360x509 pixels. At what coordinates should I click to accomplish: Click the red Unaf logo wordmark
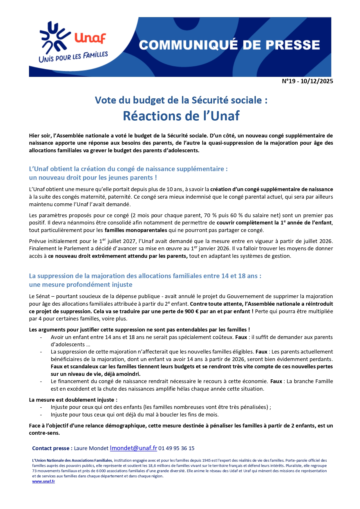tap(90, 38)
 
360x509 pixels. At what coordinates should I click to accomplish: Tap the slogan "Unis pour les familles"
tap(73, 57)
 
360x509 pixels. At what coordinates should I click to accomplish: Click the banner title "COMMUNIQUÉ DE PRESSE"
tap(229, 45)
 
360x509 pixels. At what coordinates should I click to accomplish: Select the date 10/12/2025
tap(317, 81)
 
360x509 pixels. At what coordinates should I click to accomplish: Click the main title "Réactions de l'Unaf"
tap(181, 116)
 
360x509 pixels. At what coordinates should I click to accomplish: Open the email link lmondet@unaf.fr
tap(133, 448)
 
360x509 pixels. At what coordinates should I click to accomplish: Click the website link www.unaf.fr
tap(44, 481)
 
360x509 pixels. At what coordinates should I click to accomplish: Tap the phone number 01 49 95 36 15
tap(176, 448)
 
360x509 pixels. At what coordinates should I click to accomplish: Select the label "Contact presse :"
tap(52, 448)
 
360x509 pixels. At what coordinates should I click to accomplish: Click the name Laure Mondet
tap(91, 448)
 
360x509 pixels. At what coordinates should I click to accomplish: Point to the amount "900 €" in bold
tap(191, 311)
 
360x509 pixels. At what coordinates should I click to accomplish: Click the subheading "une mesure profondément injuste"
tap(81, 285)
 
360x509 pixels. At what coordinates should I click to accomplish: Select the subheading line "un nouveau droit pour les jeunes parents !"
tap(93, 177)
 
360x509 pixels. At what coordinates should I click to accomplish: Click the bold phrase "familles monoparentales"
tap(136, 230)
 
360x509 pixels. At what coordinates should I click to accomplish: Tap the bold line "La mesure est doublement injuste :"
tap(73, 400)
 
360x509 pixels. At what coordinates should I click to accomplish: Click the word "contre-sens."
tap(44, 433)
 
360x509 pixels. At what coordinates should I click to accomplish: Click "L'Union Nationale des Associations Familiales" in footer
tap(72, 460)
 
